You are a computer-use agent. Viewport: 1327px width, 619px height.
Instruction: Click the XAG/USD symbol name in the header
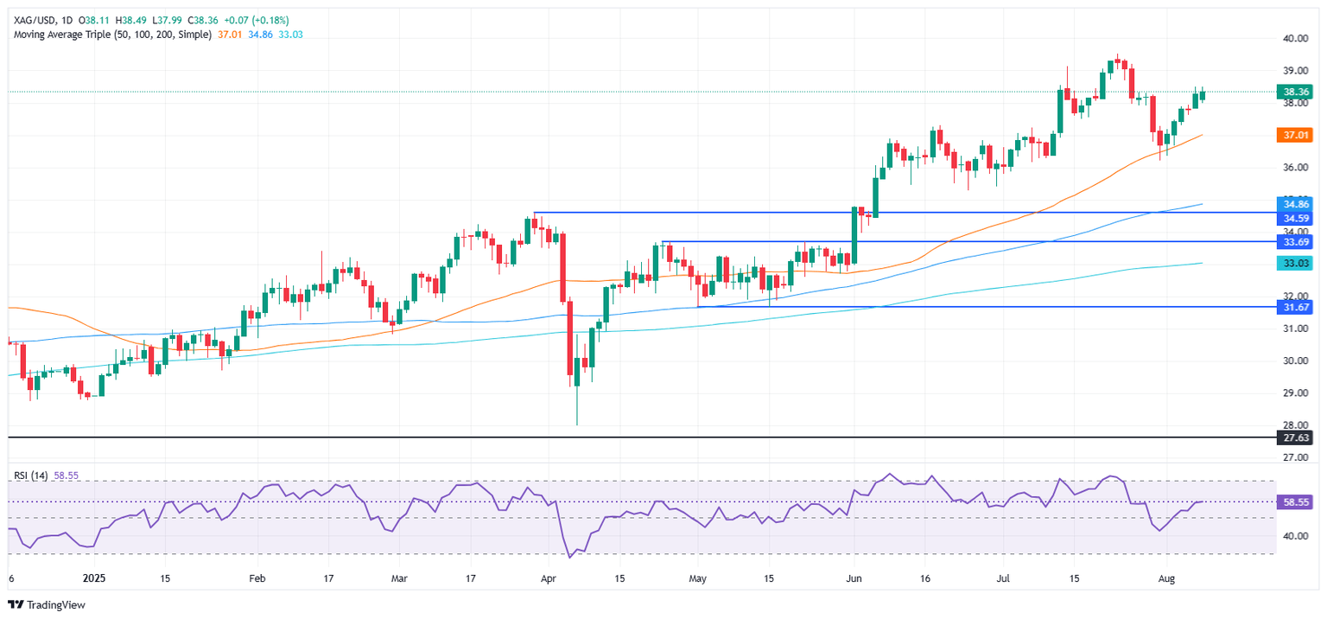(x=30, y=19)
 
